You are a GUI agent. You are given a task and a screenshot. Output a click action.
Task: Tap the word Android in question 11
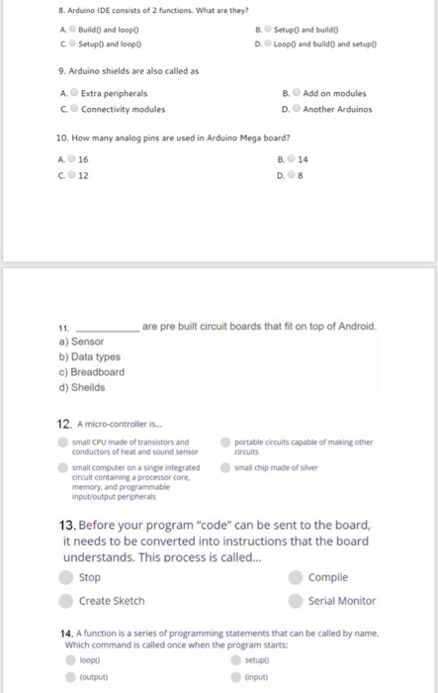pos(352,326)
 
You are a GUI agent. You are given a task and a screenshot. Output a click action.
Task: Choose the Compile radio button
pos(296,577)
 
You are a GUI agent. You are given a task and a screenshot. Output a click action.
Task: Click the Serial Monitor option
pos(296,601)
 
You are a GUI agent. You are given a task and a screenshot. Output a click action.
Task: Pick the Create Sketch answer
pos(66,601)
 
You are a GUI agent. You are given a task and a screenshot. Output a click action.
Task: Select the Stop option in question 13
pos(66,577)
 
